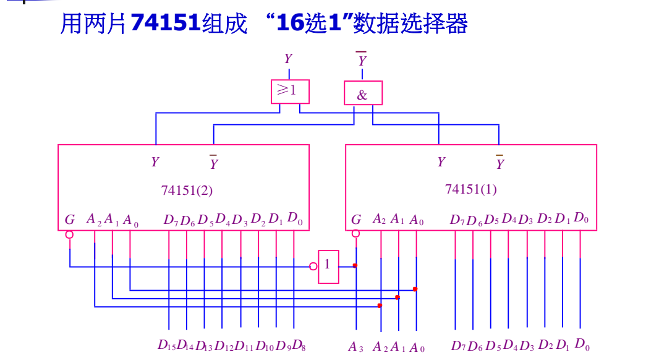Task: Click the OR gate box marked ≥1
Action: (x=290, y=91)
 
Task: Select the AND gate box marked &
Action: (x=363, y=94)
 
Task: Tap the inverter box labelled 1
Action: (x=328, y=266)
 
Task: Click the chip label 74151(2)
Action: (x=187, y=190)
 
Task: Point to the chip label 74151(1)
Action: (x=470, y=189)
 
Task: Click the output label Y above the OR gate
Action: (x=288, y=59)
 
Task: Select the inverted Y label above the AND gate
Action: (x=362, y=60)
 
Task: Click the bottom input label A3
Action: (x=356, y=347)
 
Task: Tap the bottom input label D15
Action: (x=166, y=345)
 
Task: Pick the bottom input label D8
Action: (x=299, y=345)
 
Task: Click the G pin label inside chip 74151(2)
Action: (x=70, y=220)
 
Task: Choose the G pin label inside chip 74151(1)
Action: (x=356, y=220)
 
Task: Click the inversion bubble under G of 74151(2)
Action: (x=69, y=234)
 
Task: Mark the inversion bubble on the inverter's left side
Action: (x=313, y=266)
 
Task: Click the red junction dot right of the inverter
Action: (x=355, y=265)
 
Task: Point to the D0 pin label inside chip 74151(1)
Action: (x=581, y=218)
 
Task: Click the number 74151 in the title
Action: (x=166, y=24)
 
